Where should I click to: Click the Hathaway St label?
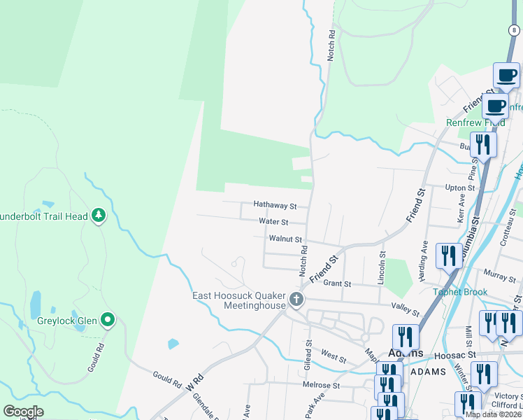click(x=275, y=206)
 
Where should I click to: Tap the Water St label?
click(x=273, y=222)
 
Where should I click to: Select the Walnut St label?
click(x=285, y=239)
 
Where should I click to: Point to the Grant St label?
click(x=337, y=284)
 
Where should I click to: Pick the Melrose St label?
click(x=321, y=386)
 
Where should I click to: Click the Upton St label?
click(x=460, y=188)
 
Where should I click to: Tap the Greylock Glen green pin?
click(x=107, y=321)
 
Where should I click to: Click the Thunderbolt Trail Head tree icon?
click(x=99, y=216)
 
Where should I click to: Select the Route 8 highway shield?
click(x=514, y=29)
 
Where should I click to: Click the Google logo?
click(x=22, y=412)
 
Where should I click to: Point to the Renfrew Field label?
click(x=475, y=122)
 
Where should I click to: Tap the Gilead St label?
click(x=308, y=353)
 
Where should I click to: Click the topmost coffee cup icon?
click(x=506, y=76)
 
